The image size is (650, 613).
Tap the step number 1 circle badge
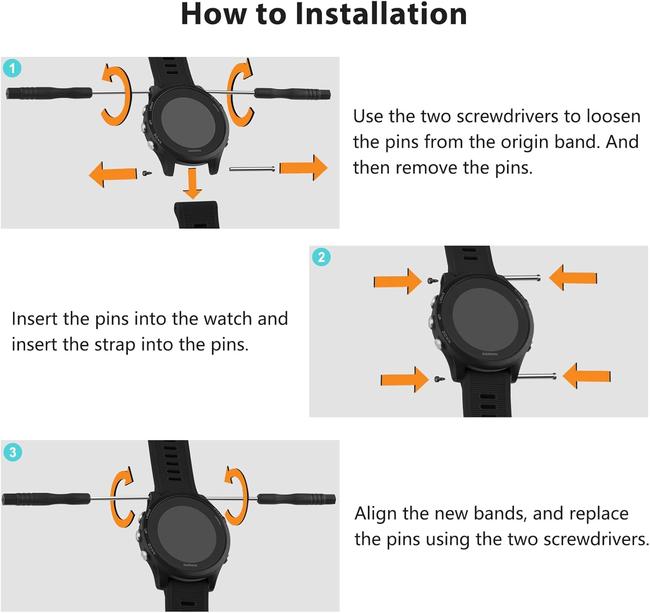(13, 68)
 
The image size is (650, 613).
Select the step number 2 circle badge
(321, 257)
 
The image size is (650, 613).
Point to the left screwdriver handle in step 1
(49, 93)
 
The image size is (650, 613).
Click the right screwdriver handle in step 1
(292, 93)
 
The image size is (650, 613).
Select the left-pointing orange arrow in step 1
(113, 174)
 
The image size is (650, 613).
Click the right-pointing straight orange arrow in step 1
(303, 167)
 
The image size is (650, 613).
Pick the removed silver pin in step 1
(252, 169)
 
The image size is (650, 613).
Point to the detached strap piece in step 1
(196, 215)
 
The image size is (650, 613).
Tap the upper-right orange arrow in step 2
(573, 278)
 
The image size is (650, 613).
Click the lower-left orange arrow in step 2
(405, 380)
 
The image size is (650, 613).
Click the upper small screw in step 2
(433, 280)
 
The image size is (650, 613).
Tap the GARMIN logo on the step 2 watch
(490, 354)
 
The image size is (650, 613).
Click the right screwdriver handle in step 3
(296, 498)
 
